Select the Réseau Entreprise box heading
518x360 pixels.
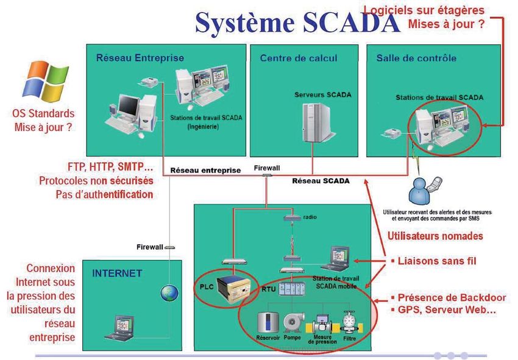[x=140, y=58]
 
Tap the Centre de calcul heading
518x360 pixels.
[x=299, y=58]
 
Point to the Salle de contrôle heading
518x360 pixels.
[x=416, y=58]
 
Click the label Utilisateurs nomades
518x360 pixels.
[x=435, y=236]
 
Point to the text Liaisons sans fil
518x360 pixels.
[x=436, y=261]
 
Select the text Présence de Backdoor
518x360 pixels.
[x=443, y=298]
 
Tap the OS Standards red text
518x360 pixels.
[x=43, y=114]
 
